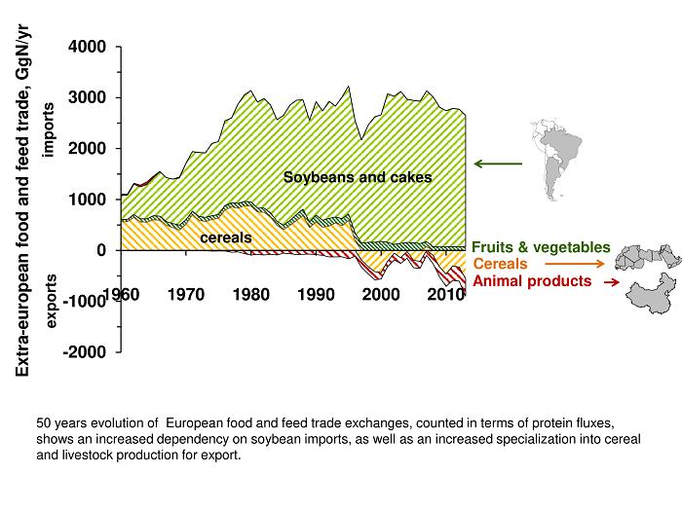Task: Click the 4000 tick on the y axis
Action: pyautogui.click(x=88, y=47)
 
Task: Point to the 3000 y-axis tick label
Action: pyautogui.click(x=88, y=97)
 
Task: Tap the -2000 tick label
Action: pyautogui.click(x=85, y=352)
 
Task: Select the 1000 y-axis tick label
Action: pyautogui.click(x=88, y=200)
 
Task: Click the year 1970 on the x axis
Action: pyautogui.click(x=185, y=294)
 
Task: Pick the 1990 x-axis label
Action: pyautogui.click(x=316, y=294)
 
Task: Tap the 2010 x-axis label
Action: pyautogui.click(x=445, y=294)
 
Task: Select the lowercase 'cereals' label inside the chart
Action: pyautogui.click(x=226, y=237)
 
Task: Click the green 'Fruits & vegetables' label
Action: pyautogui.click(x=541, y=248)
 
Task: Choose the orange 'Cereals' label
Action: pyautogui.click(x=500, y=264)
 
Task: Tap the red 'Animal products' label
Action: pyautogui.click(x=532, y=281)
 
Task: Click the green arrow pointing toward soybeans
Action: pyautogui.click(x=498, y=164)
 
